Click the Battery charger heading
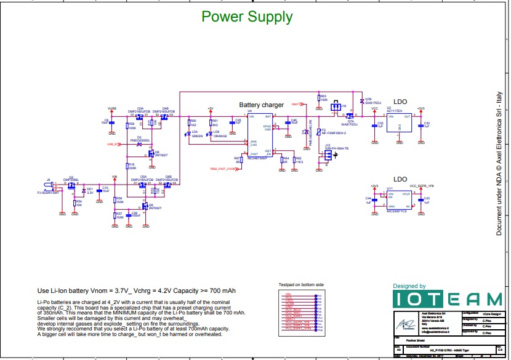(261, 105)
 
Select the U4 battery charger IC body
(259, 136)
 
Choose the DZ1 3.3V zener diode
(84, 191)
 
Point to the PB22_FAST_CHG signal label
(223, 167)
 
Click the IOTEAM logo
(448, 299)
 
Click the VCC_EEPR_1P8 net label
(421, 185)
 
